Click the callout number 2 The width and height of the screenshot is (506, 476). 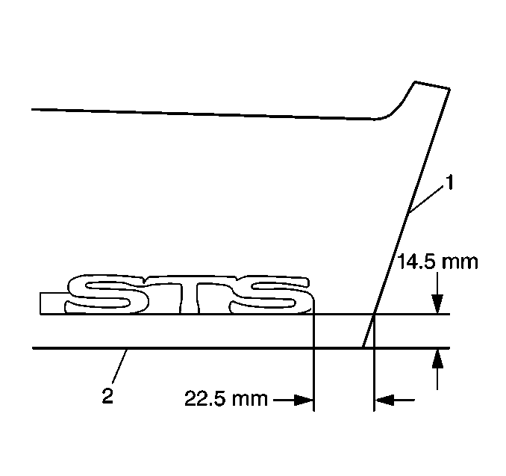107,395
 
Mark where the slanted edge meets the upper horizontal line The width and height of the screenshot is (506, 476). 372,315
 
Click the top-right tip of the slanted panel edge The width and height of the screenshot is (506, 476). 448,90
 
